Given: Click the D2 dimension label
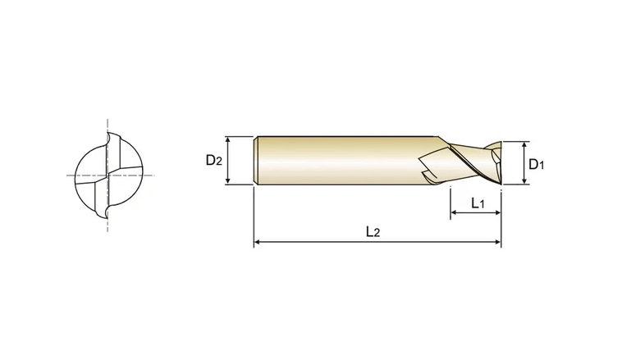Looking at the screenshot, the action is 213,161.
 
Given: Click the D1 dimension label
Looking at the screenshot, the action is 536,164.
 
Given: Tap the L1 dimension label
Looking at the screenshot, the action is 478,203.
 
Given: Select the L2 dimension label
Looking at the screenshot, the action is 373,232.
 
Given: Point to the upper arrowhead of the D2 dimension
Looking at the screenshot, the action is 228,139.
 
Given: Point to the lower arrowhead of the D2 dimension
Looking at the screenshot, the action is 228,181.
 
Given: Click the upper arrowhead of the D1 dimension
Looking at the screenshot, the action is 524,145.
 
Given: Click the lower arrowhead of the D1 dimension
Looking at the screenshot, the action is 524,181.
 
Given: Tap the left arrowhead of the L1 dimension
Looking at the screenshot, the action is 454,212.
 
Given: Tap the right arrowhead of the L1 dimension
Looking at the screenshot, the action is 497,212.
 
